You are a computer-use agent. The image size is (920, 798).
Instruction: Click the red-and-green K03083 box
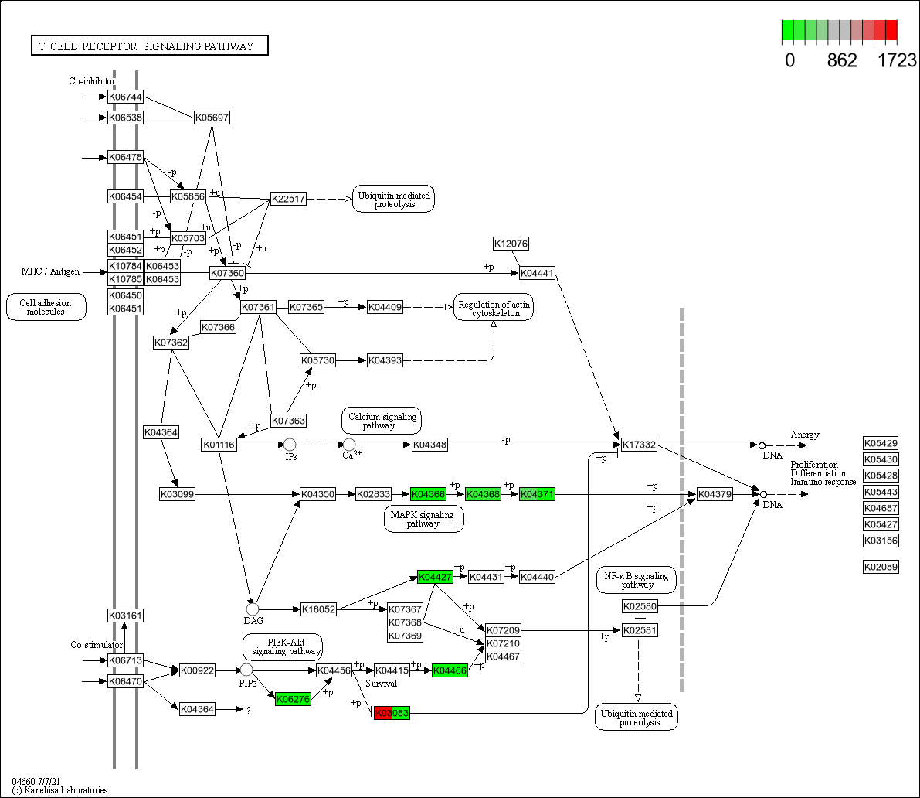point(392,713)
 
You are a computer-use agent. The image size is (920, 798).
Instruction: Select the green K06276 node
point(293,699)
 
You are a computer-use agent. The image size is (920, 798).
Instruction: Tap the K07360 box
point(227,273)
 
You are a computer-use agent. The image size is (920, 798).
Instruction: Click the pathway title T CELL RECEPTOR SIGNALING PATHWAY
point(149,46)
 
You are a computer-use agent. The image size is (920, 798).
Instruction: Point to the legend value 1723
point(897,60)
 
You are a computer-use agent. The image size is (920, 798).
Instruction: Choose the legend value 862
point(842,60)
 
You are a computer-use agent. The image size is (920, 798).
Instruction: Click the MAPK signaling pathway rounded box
point(423,519)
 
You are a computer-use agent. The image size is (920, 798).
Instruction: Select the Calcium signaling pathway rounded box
point(382,421)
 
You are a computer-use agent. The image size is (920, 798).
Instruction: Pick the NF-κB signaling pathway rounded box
point(637,580)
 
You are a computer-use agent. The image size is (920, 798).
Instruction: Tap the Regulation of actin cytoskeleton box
point(494,308)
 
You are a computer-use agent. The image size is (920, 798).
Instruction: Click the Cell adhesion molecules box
point(46,307)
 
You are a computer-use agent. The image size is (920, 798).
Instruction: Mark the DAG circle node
point(253,609)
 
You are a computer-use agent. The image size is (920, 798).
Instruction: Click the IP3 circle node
point(290,445)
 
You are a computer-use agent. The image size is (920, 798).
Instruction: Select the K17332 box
point(639,445)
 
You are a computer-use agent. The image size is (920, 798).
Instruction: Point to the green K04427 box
point(435,577)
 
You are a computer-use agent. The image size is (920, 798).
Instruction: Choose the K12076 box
point(511,244)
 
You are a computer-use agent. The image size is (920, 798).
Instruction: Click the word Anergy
point(805,435)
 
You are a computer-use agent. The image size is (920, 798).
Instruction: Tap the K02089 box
point(880,568)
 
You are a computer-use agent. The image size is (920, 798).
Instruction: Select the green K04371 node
point(537,494)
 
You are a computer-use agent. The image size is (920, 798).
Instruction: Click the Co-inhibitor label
point(92,81)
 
